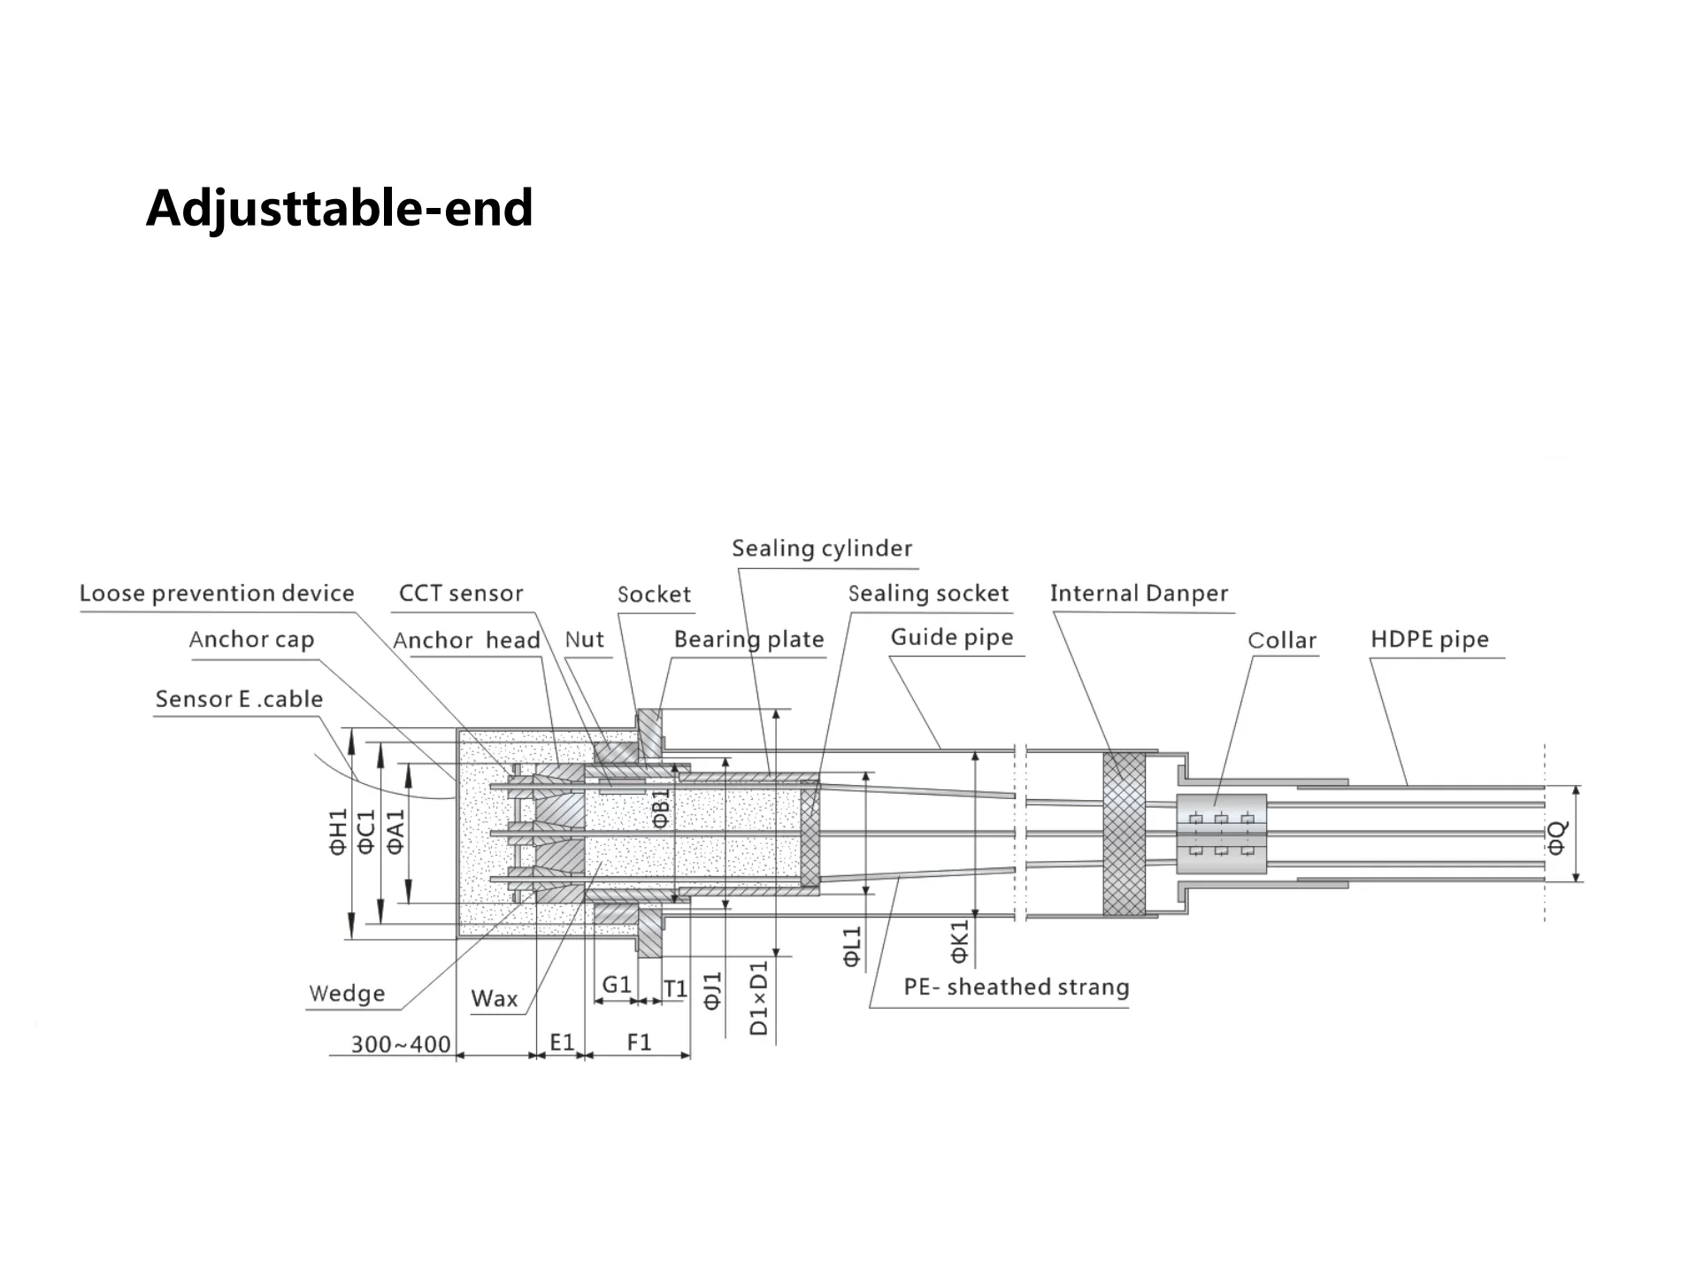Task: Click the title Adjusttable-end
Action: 339,208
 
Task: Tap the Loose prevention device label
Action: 217,593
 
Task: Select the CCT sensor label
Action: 460,593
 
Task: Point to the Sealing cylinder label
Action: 821,549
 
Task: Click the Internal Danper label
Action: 1139,593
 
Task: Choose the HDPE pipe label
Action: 1429,639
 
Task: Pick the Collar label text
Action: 1281,640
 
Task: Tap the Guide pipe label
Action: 951,637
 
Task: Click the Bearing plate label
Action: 748,639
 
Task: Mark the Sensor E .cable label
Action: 239,699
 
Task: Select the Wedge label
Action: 347,994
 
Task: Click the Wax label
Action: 494,999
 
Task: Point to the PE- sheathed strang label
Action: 1016,987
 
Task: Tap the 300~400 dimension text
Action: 401,1044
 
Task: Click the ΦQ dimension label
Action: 1556,837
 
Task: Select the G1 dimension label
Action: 617,985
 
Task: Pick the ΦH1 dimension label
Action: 338,832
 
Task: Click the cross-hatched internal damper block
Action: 1124,834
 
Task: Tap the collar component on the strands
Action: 1221,834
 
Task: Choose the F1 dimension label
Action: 639,1042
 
